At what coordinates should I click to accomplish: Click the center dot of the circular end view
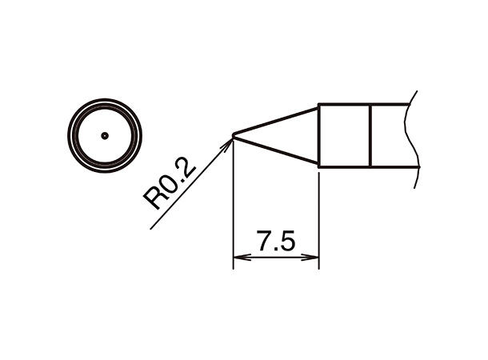coord(104,135)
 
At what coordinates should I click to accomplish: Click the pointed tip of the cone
coord(233,135)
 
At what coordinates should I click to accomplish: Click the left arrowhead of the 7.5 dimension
coord(238,258)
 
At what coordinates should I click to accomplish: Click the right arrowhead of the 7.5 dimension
coord(313,258)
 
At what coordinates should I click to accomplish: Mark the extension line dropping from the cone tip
coord(233,200)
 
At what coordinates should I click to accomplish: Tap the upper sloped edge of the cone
coord(276,120)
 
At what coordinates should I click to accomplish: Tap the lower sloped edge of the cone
coord(276,150)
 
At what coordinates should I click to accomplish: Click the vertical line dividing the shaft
coord(370,135)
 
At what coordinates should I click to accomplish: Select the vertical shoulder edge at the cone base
coord(319,135)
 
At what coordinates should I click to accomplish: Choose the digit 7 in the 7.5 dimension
coord(265,239)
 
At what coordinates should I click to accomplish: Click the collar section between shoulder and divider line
coord(345,135)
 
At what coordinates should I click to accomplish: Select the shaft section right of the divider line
coord(391,135)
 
